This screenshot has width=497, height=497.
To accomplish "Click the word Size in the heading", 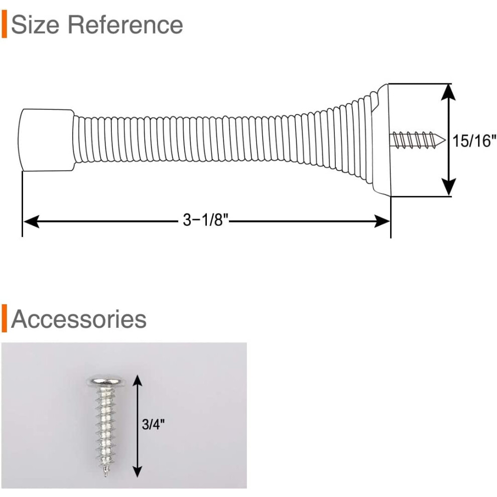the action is [35, 25].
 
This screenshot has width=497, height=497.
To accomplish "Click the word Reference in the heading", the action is [126, 25].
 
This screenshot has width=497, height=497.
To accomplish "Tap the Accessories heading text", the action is [79, 319].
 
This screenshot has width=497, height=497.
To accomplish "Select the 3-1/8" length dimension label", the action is [205, 220].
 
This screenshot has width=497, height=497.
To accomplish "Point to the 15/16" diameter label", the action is [474, 141].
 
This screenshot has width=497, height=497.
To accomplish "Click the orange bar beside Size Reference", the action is [4, 24].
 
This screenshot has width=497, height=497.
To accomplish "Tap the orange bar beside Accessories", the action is [4, 318].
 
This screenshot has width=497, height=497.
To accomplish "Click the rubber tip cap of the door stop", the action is [46, 140].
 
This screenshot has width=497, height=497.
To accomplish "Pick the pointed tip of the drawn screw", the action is [445, 140].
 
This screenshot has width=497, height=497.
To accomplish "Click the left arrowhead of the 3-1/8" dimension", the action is [31, 221].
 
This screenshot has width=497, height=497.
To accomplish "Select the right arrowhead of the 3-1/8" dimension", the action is [382, 221].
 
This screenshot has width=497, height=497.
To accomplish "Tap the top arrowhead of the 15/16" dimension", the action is [448, 92].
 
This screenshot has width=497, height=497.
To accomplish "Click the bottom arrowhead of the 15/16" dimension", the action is [448, 188].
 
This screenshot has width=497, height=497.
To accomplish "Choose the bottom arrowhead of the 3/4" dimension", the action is [137, 471].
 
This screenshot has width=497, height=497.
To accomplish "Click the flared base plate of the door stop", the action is [382, 140].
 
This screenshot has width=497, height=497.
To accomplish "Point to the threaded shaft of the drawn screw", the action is [413, 140].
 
